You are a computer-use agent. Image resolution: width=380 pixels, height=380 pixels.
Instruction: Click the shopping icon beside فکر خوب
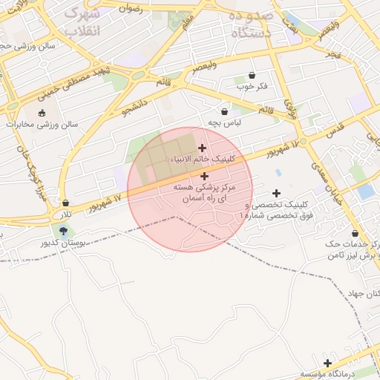(252, 75)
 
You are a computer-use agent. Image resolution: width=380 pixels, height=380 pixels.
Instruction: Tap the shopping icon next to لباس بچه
(224, 111)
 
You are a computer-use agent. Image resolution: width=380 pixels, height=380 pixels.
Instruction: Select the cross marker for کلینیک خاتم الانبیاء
(202, 148)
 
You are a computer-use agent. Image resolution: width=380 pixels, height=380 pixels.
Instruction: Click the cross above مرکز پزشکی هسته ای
(204, 176)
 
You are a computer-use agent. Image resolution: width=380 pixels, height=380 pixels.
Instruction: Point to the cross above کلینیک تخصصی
(277, 193)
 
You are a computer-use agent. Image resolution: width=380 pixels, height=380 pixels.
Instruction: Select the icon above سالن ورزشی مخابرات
(42, 114)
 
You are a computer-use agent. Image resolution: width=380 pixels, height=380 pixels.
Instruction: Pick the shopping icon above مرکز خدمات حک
(355, 233)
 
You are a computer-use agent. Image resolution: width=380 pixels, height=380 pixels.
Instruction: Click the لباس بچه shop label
(222, 122)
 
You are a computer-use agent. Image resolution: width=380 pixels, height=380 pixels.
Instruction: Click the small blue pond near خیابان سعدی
(366, 191)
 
